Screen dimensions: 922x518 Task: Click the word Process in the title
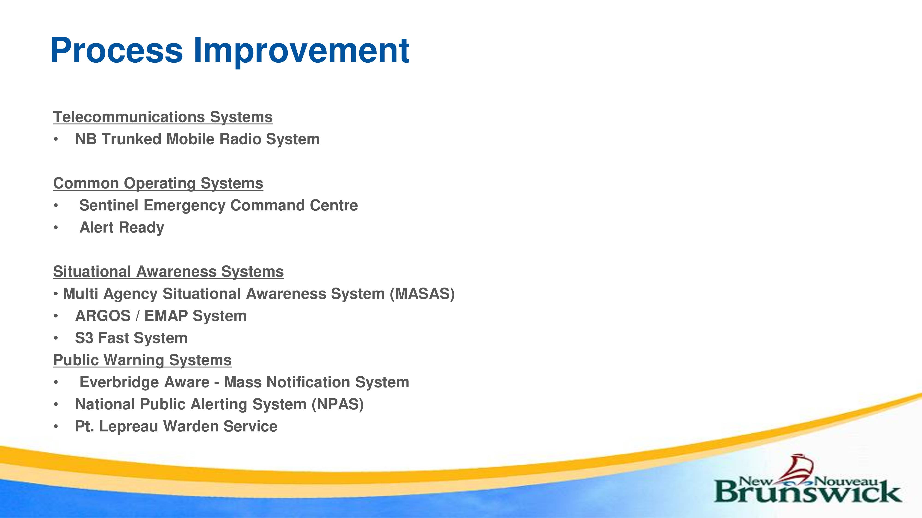tap(116, 50)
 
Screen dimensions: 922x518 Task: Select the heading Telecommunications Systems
tap(163, 117)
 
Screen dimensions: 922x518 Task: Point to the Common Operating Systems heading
tap(158, 183)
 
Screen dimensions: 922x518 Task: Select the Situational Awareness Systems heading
tap(168, 272)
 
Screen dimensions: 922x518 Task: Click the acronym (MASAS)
tap(422, 294)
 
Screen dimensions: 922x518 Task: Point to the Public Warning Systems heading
tap(142, 360)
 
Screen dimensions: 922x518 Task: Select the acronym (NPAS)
tap(337, 404)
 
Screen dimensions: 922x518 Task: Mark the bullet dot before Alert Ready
tap(56, 228)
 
